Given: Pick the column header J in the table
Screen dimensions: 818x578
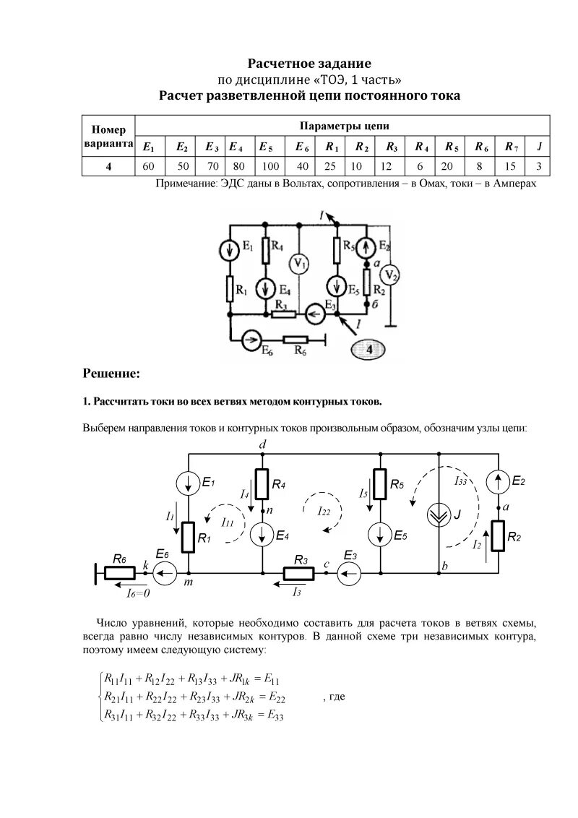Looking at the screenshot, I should click(x=539, y=147).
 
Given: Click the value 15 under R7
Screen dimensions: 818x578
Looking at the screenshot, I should click(x=511, y=166).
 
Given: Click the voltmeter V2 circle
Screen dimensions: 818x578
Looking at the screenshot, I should click(x=389, y=275).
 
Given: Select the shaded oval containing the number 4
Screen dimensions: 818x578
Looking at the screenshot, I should click(x=369, y=350).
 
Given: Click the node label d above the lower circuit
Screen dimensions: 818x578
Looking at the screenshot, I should click(x=262, y=446).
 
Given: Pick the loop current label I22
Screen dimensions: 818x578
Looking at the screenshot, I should click(x=323, y=511).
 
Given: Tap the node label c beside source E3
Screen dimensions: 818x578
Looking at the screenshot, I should click(x=327, y=563).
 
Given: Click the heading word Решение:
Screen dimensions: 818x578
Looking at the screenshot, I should click(x=111, y=374).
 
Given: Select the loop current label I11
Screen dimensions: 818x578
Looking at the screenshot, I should click(x=227, y=522).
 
